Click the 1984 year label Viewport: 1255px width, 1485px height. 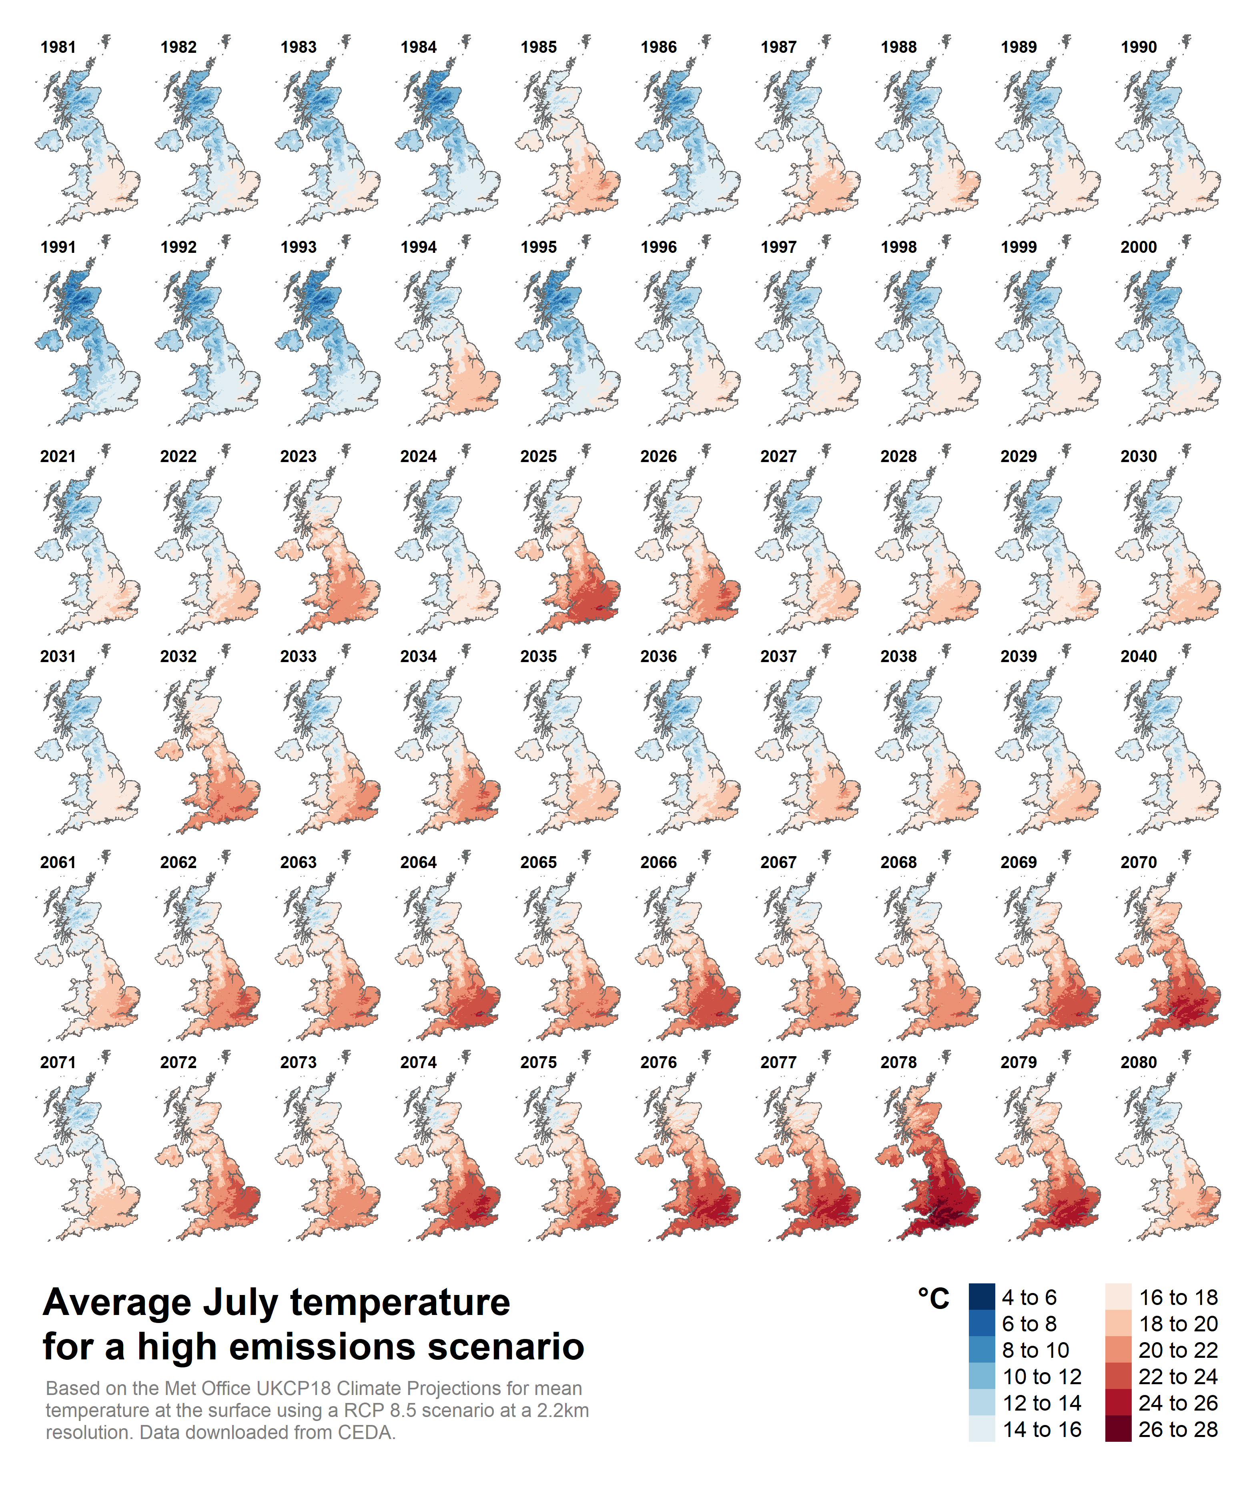pos(418,47)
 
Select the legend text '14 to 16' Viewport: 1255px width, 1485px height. pos(1042,1429)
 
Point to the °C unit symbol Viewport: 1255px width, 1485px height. pos(933,1299)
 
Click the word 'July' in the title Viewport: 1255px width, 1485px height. pos(242,1303)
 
